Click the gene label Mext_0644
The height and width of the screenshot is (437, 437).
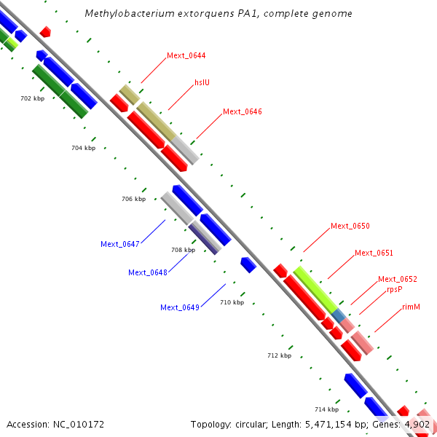point(186,55)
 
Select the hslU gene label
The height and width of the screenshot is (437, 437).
point(202,83)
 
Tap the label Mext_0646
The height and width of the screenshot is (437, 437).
point(243,111)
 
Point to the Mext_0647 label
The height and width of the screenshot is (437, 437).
point(120,244)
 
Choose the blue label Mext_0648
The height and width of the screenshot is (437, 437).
point(148,272)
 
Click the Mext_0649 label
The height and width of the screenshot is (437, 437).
point(180,307)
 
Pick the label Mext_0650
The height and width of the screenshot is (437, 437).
point(350,226)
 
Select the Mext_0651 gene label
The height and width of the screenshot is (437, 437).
point(374,253)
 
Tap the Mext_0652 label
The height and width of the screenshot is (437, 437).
point(398,279)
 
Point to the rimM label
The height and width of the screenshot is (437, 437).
point(412,307)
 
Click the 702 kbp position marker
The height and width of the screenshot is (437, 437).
point(32,98)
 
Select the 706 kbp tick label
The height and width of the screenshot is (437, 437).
point(133,199)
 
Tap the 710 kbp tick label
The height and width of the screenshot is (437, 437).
point(232,302)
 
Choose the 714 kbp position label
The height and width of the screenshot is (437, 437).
point(327,409)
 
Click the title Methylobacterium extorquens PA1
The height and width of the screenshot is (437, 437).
point(219,14)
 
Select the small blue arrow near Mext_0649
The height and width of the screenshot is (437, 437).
point(248,264)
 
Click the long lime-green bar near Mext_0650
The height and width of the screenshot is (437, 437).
point(315,289)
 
